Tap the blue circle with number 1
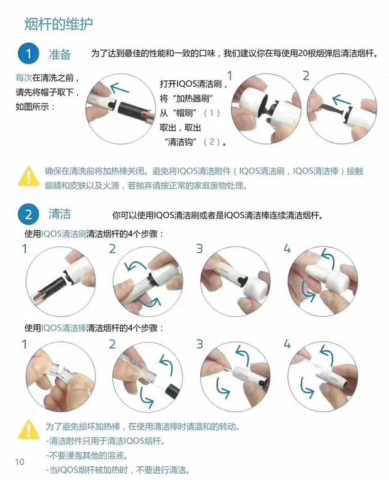tap(27, 53)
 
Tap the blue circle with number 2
tap(27, 215)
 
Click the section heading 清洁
tap(60, 214)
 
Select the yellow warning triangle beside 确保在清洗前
tap(28, 175)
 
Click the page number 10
tap(19, 462)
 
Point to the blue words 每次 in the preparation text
tap(23, 78)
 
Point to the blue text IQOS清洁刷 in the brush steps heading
tap(64, 234)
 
